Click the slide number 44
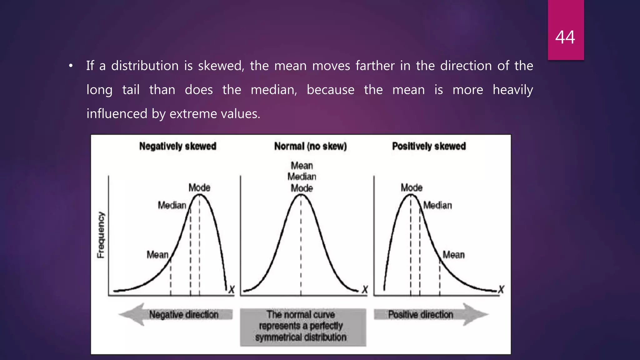tap(565, 37)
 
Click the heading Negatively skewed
tap(177, 146)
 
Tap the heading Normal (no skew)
tap(310, 146)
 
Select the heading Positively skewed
tap(429, 146)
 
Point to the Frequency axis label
tap(101, 235)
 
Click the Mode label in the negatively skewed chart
tap(199, 188)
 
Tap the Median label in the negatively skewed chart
tap(172, 205)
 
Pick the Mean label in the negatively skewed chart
tap(157, 255)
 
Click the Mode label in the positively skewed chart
tap(412, 188)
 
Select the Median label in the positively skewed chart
tap(437, 205)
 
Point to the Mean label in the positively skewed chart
tap(453, 255)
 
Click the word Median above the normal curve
tap(302, 177)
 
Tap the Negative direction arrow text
tap(184, 314)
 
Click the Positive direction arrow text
tap(421, 314)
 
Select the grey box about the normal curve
tap(302, 327)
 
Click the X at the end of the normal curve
tap(365, 290)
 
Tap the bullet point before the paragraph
tap(71, 66)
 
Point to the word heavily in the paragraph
tap(512, 90)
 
